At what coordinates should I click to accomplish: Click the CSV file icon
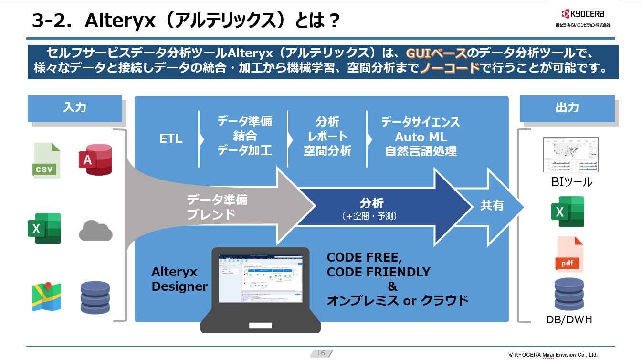coord(46,160)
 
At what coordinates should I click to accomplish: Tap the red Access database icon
coord(95,159)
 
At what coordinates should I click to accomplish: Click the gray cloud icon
coord(95,231)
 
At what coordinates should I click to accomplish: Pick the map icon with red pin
coord(46,296)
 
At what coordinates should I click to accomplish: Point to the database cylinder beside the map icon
coord(95,297)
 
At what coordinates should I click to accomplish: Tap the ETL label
coord(171,139)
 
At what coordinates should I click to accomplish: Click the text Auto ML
coord(421,137)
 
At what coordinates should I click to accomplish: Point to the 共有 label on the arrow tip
coord(492,206)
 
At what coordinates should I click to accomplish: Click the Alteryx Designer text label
coord(179,279)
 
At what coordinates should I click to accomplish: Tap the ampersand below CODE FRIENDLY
coord(392,286)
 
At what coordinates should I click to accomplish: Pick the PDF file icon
coord(569,254)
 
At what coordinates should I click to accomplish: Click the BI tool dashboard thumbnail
coord(570,155)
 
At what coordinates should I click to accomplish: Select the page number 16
coord(321,353)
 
